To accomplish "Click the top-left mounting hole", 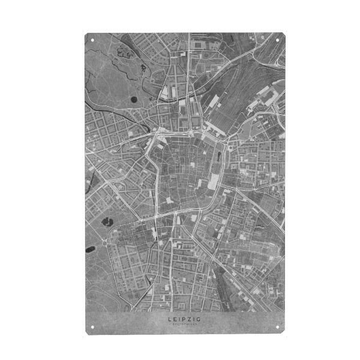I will (x=92, y=41).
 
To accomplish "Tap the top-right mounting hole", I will (x=278, y=41).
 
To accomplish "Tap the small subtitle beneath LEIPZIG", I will (x=185, y=326).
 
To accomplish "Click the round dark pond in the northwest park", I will (x=133, y=100).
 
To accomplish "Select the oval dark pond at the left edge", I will (x=91, y=248).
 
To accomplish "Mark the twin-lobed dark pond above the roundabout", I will (x=109, y=222).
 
